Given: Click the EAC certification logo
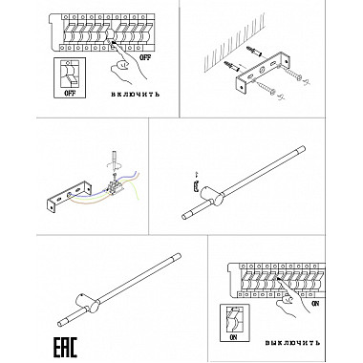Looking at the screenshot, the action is (x=65, y=348).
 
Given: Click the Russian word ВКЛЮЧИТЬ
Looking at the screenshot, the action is (x=136, y=95).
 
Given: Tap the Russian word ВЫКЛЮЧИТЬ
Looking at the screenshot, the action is (x=292, y=343).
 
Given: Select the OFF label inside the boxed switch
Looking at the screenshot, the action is (x=70, y=94).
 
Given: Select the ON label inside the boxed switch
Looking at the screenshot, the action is (x=233, y=337).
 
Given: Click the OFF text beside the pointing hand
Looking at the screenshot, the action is (x=145, y=57).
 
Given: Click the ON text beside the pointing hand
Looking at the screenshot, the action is (x=315, y=304).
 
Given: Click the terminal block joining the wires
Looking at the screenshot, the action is (x=115, y=186).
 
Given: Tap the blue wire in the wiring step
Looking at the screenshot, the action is (x=105, y=188).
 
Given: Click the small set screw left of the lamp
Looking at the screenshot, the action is (x=196, y=185).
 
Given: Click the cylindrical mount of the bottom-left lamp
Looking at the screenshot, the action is (x=88, y=304).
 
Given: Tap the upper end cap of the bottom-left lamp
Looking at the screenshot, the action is (x=177, y=257).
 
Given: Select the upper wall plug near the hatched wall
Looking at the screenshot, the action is (x=254, y=51).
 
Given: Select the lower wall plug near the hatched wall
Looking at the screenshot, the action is (x=233, y=66).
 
